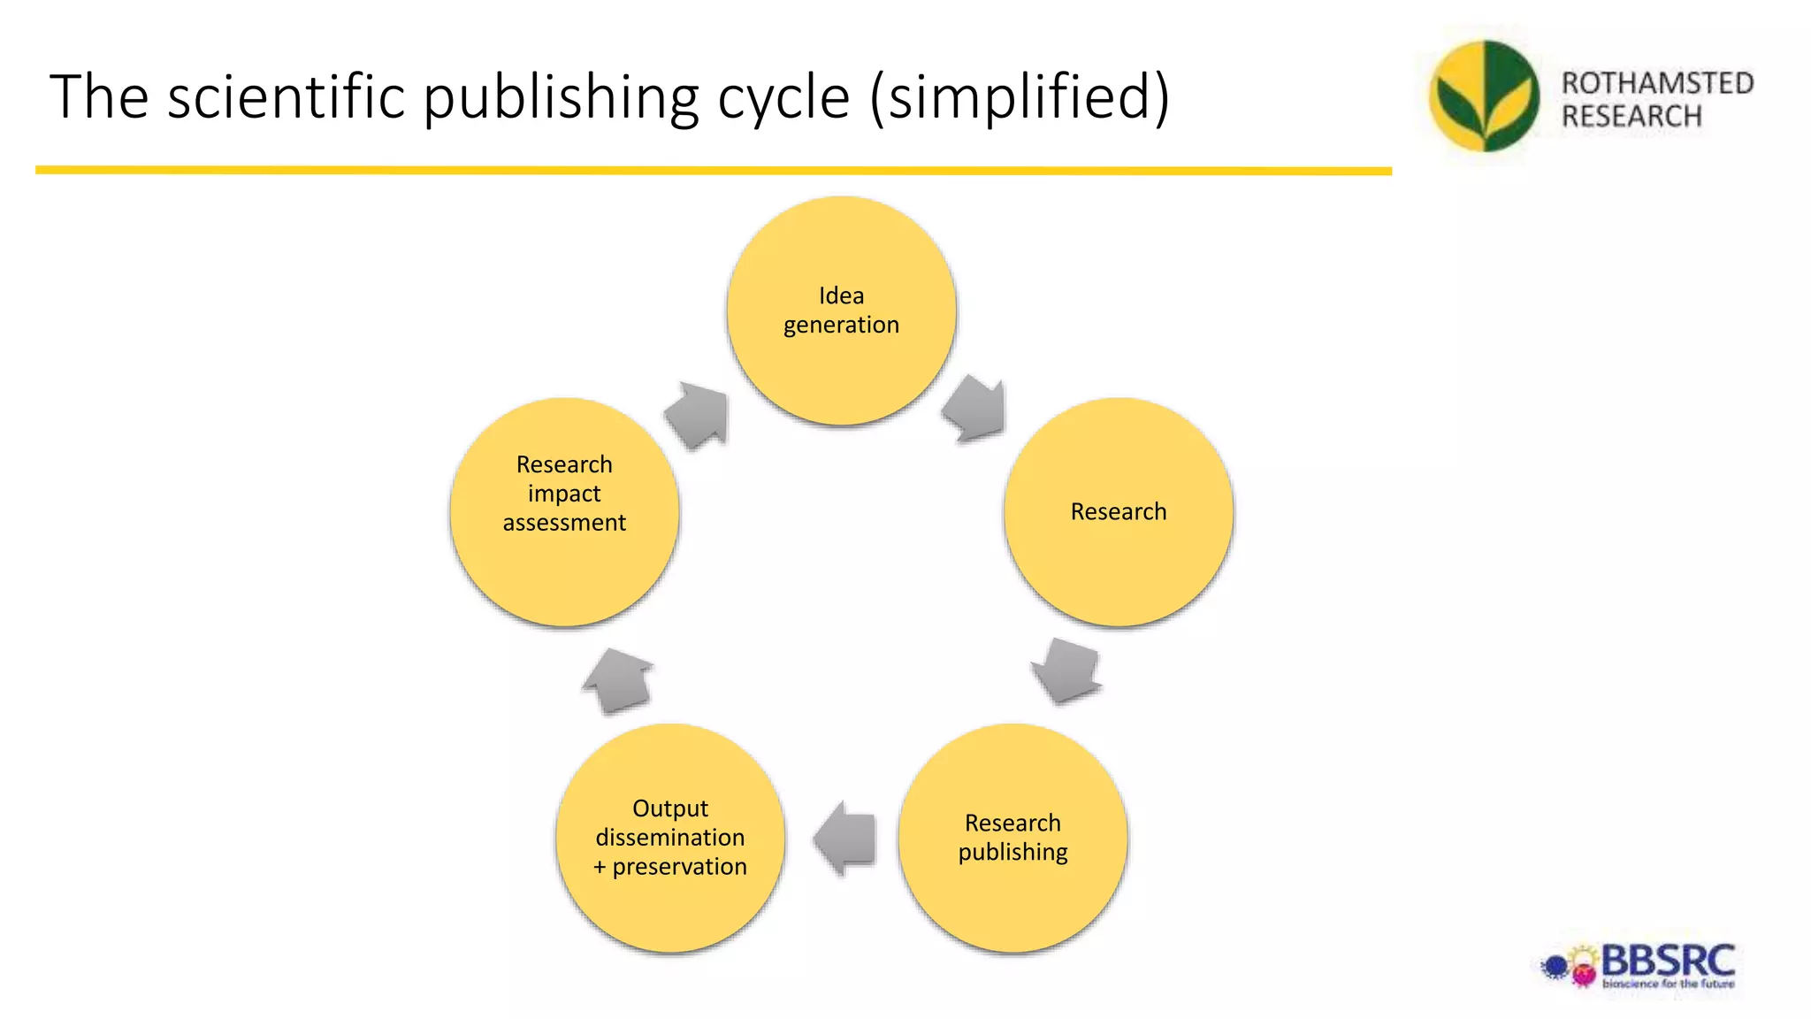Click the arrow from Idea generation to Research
tap(975, 408)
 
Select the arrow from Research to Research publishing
tap(1067, 670)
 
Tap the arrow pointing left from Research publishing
tap(844, 838)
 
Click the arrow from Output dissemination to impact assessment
tap(618, 680)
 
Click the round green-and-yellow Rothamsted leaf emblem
tap(1484, 96)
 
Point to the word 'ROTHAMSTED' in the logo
tap(1657, 83)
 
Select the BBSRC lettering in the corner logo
tap(1668, 961)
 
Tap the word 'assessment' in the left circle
tap(564, 523)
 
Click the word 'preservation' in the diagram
tap(679, 867)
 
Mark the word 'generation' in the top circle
tap(841, 325)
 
